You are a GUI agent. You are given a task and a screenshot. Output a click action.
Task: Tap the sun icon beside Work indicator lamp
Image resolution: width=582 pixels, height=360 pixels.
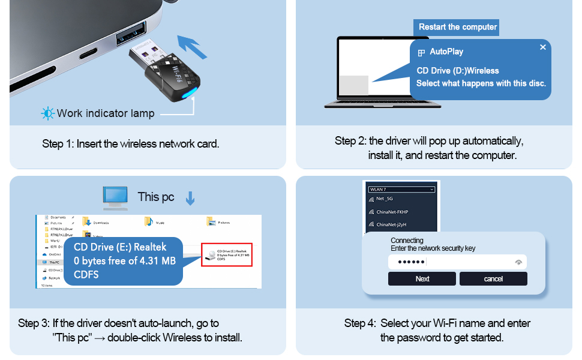coord(47,113)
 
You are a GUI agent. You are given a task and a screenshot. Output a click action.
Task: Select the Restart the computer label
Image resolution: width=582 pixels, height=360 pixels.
coord(457,27)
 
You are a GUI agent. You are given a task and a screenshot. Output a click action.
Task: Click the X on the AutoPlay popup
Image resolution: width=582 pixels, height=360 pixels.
coord(542,47)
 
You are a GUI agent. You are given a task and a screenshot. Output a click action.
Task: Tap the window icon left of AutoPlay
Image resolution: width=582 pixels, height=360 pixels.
coord(421,52)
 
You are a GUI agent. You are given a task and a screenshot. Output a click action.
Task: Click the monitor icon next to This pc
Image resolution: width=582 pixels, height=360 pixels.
coord(115,197)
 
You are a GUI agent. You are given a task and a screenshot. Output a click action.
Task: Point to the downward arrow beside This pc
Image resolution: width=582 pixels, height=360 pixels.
coord(190,199)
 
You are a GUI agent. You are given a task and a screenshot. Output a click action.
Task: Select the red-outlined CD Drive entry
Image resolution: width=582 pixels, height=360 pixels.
coord(226,255)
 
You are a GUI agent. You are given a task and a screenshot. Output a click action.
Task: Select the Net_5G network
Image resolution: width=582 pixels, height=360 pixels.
coord(384,199)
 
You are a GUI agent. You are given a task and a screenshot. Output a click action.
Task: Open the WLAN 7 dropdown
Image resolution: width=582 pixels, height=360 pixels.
coord(401,190)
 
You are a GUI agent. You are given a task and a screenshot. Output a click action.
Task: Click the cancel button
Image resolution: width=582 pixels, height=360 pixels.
coord(493,279)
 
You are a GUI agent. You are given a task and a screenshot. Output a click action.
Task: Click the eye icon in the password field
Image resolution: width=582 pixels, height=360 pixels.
coord(518,262)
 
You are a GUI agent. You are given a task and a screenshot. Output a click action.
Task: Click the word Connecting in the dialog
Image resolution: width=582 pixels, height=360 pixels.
coord(407,241)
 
